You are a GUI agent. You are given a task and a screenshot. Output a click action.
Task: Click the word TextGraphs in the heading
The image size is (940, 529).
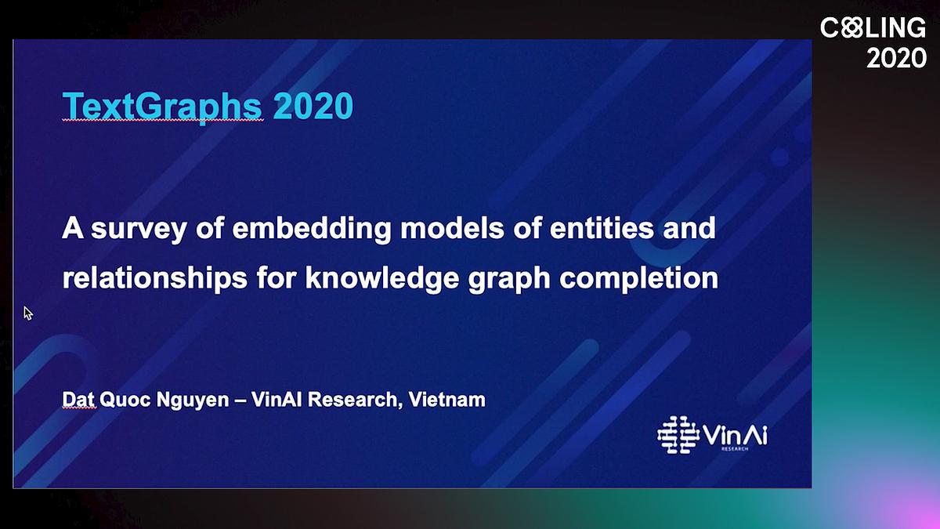[162, 107]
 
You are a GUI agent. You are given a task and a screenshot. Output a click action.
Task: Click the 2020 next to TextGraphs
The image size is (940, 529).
[313, 106]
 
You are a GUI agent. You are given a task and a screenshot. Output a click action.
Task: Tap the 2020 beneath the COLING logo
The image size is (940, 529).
[896, 58]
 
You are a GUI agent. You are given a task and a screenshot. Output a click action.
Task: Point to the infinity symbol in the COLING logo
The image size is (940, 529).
[852, 27]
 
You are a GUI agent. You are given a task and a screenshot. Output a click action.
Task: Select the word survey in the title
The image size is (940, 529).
[139, 229]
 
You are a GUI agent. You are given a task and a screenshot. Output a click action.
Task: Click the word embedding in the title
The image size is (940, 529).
[312, 229]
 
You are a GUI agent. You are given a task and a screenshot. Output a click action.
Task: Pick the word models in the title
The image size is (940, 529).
[452, 228]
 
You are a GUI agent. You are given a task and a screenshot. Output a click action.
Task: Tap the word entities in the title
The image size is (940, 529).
[602, 228]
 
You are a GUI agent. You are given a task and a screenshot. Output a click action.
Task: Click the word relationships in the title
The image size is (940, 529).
[154, 278]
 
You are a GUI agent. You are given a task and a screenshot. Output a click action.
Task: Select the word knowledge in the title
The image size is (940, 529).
[382, 278]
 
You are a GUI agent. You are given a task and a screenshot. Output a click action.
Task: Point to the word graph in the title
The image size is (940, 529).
[508, 280]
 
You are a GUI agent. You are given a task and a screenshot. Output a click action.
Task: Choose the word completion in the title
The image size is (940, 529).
[638, 278]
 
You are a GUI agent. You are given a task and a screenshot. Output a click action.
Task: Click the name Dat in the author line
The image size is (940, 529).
[78, 400]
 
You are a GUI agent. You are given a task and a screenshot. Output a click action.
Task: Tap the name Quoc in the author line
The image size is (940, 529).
[125, 400]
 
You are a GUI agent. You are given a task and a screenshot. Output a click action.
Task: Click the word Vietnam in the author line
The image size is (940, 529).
[447, 400]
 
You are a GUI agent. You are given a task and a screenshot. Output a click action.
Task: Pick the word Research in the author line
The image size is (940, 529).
[352, 400]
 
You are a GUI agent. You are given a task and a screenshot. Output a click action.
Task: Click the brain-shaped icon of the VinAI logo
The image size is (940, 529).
[678, 435]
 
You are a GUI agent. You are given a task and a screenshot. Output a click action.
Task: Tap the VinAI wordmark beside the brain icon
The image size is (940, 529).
[735, 436]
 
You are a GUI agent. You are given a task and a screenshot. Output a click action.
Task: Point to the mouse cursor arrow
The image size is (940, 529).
[27, 313]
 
